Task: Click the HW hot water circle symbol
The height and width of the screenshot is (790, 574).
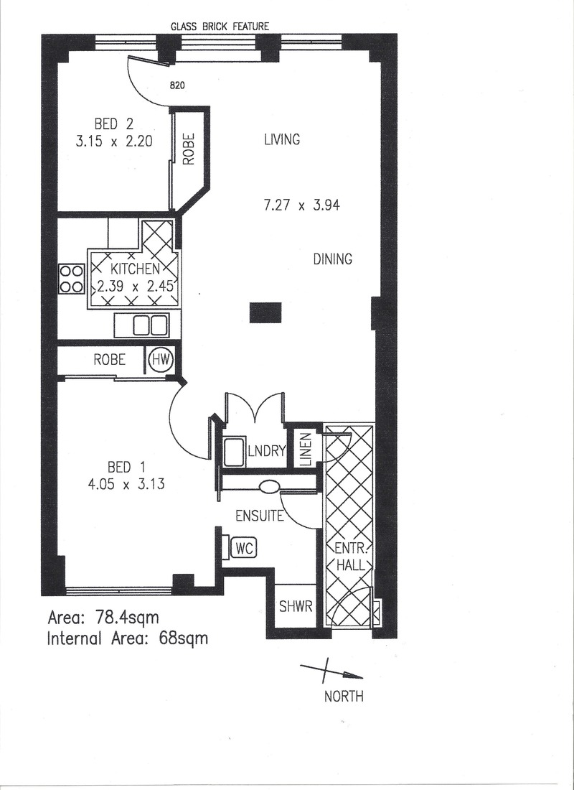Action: pos(161,361)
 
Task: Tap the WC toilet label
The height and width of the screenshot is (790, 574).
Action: pos(244,548)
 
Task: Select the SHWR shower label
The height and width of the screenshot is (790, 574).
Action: pos(296,607)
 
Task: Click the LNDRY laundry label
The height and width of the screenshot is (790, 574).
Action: pos(267,451)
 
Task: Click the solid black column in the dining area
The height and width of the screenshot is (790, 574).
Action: pos(265,312)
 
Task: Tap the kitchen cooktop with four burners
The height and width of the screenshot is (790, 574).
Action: pos(71,279)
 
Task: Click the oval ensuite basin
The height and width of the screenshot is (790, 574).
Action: pos(270,487)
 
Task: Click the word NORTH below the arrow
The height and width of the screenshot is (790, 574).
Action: pos(344,697)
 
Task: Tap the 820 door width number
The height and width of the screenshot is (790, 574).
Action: pos(177,85)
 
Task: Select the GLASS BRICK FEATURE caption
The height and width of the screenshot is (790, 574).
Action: pos(220,27)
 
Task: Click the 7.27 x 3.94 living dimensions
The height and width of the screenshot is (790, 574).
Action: pos(301,205)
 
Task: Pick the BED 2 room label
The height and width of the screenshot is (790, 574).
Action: pos(114,124)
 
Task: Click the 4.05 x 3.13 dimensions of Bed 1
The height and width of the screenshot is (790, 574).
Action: pos(126,485)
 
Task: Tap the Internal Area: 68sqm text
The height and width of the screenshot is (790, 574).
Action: pos(128,639)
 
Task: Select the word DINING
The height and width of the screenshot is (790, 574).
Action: pos(333,259)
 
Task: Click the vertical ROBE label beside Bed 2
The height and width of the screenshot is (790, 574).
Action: pos(189,149)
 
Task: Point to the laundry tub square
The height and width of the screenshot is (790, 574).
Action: pos(234,452)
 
